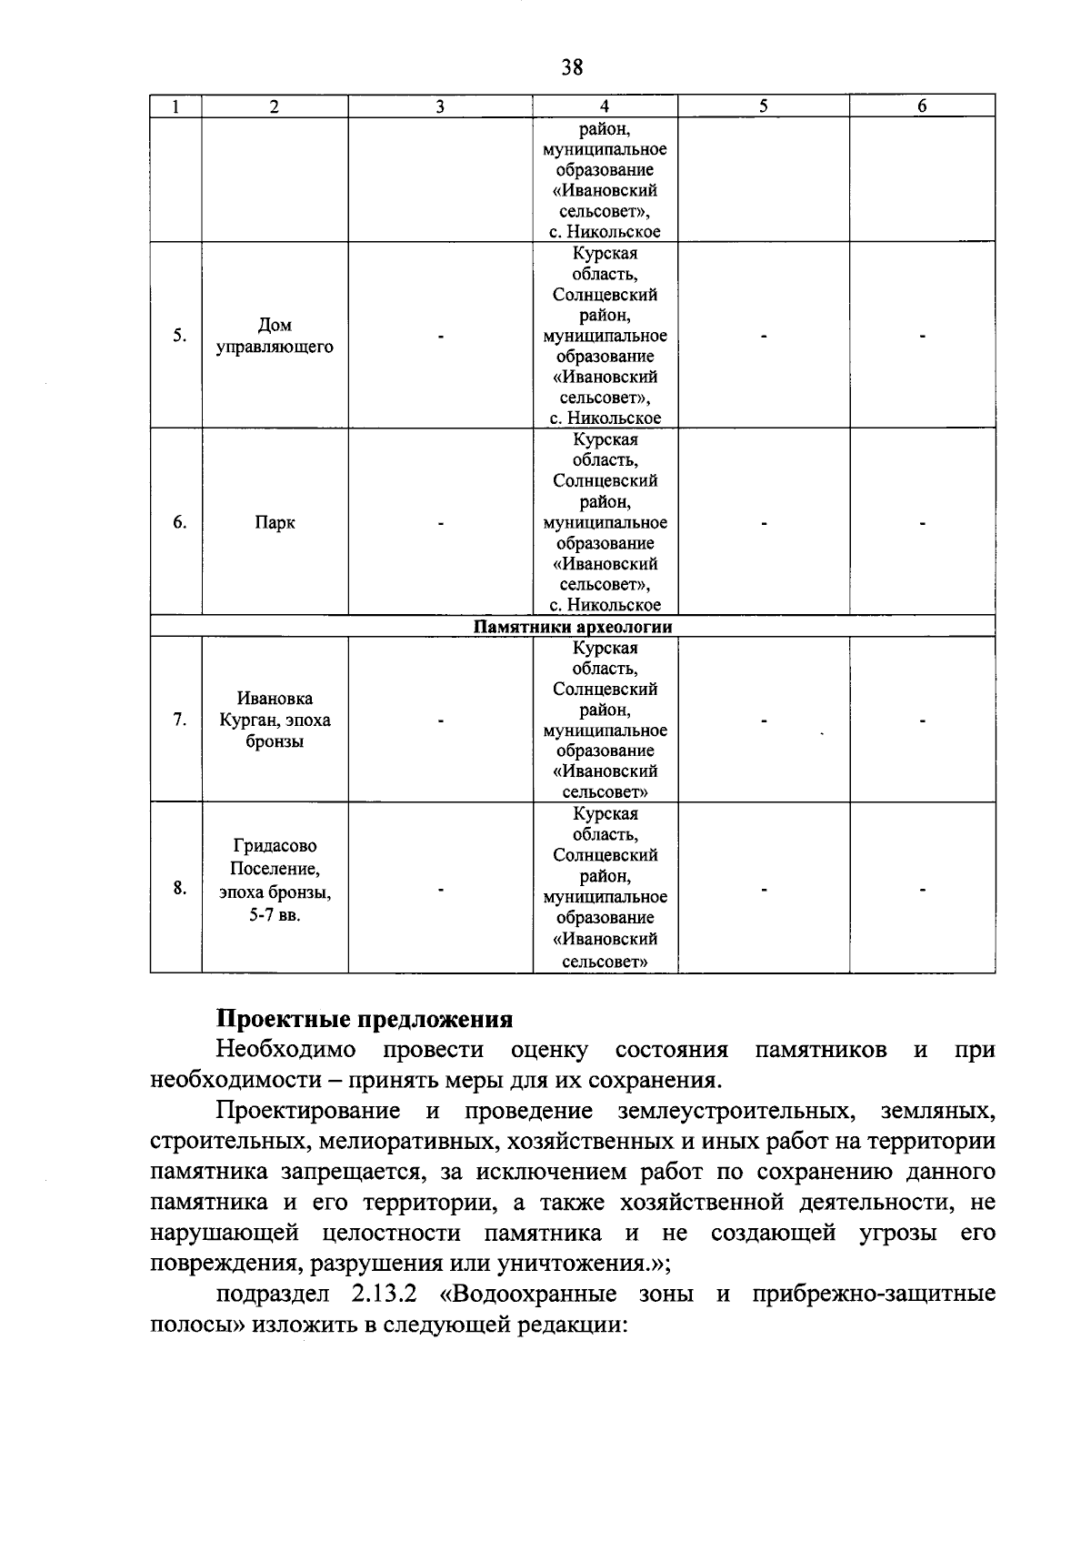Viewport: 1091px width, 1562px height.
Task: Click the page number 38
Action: [x=572, y=67]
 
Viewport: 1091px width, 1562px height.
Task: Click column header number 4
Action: [x=605, y=106]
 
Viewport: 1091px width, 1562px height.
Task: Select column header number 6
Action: [x=922, y=106]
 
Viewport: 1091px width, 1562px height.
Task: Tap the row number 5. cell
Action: [x=180, y=336]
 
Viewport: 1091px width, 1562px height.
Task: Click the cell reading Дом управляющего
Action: [x=275, y=336]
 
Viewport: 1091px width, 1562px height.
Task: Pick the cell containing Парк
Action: [x=275, y=523]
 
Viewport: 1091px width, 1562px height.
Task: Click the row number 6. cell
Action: [x=180, y=522]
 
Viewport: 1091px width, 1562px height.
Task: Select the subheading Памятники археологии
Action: [x=573, y=627]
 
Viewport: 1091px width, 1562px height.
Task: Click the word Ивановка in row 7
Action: [x=275, y=699]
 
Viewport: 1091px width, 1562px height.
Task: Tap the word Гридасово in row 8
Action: [x=275, y=846]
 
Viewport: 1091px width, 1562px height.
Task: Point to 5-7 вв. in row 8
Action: [x=275, y=914]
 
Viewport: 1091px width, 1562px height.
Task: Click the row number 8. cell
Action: [x=180, y=888]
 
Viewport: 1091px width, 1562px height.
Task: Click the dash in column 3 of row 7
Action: [x=441, y=721]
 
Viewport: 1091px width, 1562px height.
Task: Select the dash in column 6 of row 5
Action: [x=922, y=337]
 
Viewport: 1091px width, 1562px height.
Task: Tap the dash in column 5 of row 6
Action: [x=764, y=523]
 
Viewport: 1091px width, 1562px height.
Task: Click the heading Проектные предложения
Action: [x=364, y=1019]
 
